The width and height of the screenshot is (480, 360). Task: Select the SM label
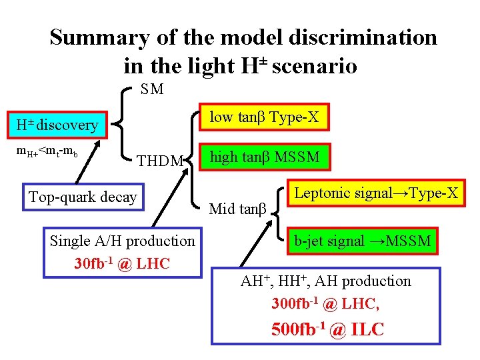coord(152,89)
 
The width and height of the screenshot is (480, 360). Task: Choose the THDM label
coord(159,161)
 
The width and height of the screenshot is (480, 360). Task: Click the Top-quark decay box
coord(83,197)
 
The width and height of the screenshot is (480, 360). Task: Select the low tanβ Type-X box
coord(264,118)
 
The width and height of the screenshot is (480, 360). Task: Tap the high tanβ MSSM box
coord(265,157)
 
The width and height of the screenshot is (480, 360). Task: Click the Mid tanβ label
coord(237,209)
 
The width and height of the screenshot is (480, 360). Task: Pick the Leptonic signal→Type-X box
coord(377,193)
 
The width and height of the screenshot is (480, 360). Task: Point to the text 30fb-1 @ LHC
coord(122,263)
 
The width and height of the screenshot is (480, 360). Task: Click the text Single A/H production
coord(122,241)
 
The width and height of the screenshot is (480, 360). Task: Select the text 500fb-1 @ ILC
coord(327,329)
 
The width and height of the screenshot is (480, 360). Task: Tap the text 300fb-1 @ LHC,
coord(325,304)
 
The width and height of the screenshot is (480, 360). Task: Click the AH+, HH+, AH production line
coord(325,281)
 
